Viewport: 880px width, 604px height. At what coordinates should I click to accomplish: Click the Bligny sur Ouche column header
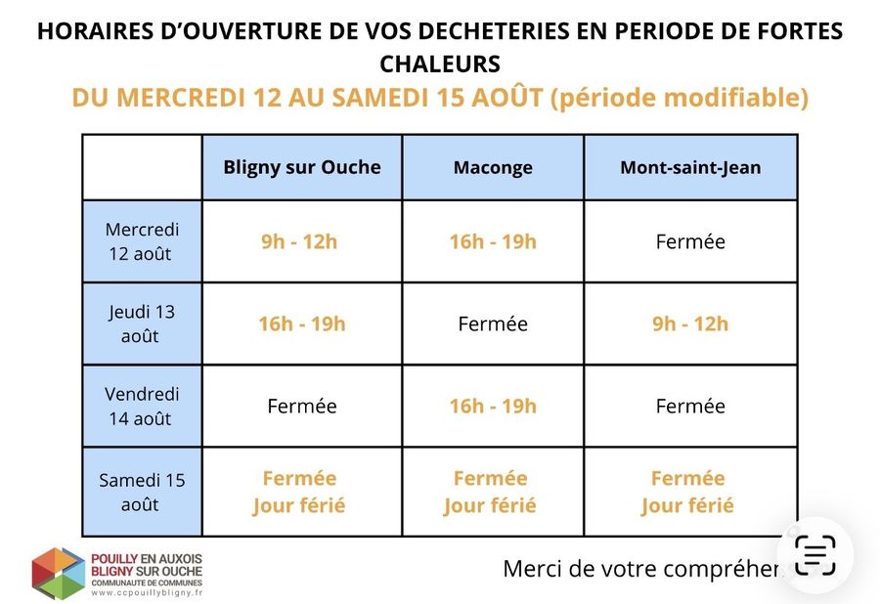click(302, 167)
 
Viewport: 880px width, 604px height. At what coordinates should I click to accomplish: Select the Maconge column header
click(493, 167)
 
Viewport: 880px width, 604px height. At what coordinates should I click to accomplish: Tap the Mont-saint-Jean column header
click(690, 167)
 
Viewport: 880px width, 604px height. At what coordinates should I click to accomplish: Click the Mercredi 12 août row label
click(142, 241)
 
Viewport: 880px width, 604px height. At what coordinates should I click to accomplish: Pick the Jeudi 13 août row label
click(142, 324)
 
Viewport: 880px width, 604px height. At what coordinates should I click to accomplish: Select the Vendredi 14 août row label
click(142, 406)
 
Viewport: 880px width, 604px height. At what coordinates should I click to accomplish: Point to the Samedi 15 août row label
click(142, 492)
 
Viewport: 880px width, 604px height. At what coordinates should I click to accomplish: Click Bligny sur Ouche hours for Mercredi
click(299, 241)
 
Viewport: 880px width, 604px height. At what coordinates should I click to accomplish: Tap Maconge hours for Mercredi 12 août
click(493, 241)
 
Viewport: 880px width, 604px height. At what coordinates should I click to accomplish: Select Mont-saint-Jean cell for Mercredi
click(690, 241)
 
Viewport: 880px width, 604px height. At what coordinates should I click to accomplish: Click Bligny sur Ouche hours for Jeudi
click(302, 324)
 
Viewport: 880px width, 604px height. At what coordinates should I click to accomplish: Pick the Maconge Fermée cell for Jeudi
click(493, 324)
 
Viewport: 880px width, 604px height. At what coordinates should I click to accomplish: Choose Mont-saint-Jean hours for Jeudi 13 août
click(690, 324)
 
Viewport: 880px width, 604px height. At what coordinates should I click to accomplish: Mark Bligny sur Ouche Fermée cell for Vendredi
click(302, 406)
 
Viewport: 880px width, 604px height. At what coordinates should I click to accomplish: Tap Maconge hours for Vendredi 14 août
click(493, 406)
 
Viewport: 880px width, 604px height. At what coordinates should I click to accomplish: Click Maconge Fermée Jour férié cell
click(490, 492)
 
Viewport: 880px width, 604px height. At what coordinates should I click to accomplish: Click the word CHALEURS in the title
click(440, 64)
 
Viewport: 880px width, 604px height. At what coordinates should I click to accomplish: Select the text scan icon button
click(815, 555)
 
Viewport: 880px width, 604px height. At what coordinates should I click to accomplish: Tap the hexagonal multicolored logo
click(59, 573)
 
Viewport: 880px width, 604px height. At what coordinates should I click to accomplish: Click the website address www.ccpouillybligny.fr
click(147, 593)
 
